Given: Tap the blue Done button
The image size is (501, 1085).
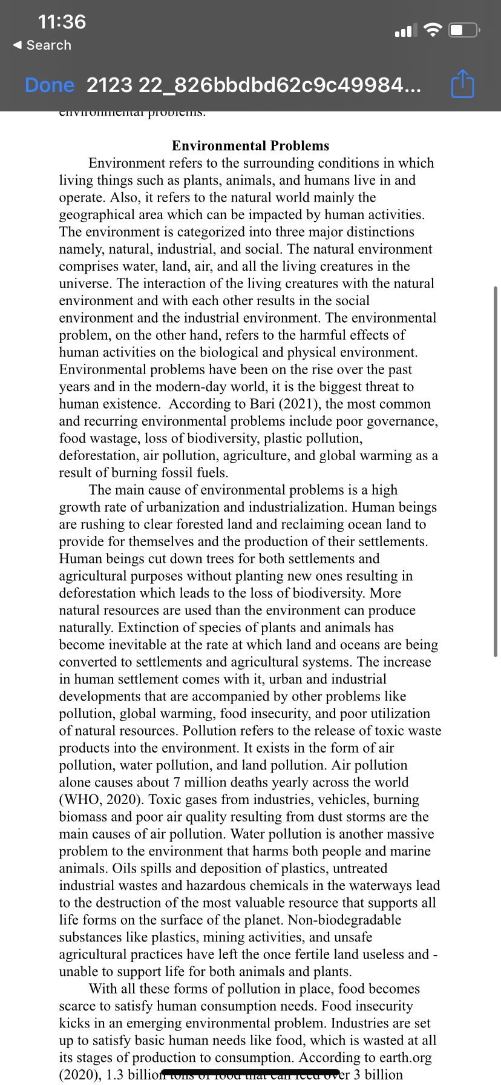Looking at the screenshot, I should [x=50, y=85].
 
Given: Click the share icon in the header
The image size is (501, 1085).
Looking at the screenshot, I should [x=463, y=84].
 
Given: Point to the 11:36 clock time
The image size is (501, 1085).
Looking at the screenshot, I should [x=62, y=22].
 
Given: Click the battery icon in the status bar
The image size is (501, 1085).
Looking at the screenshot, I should [x=463, y=30].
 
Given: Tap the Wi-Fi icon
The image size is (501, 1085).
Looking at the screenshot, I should [x=433, y=30].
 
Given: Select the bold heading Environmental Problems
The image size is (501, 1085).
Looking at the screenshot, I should [x=250, y=146].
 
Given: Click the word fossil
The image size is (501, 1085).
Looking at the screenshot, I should [x=178, y=473].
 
